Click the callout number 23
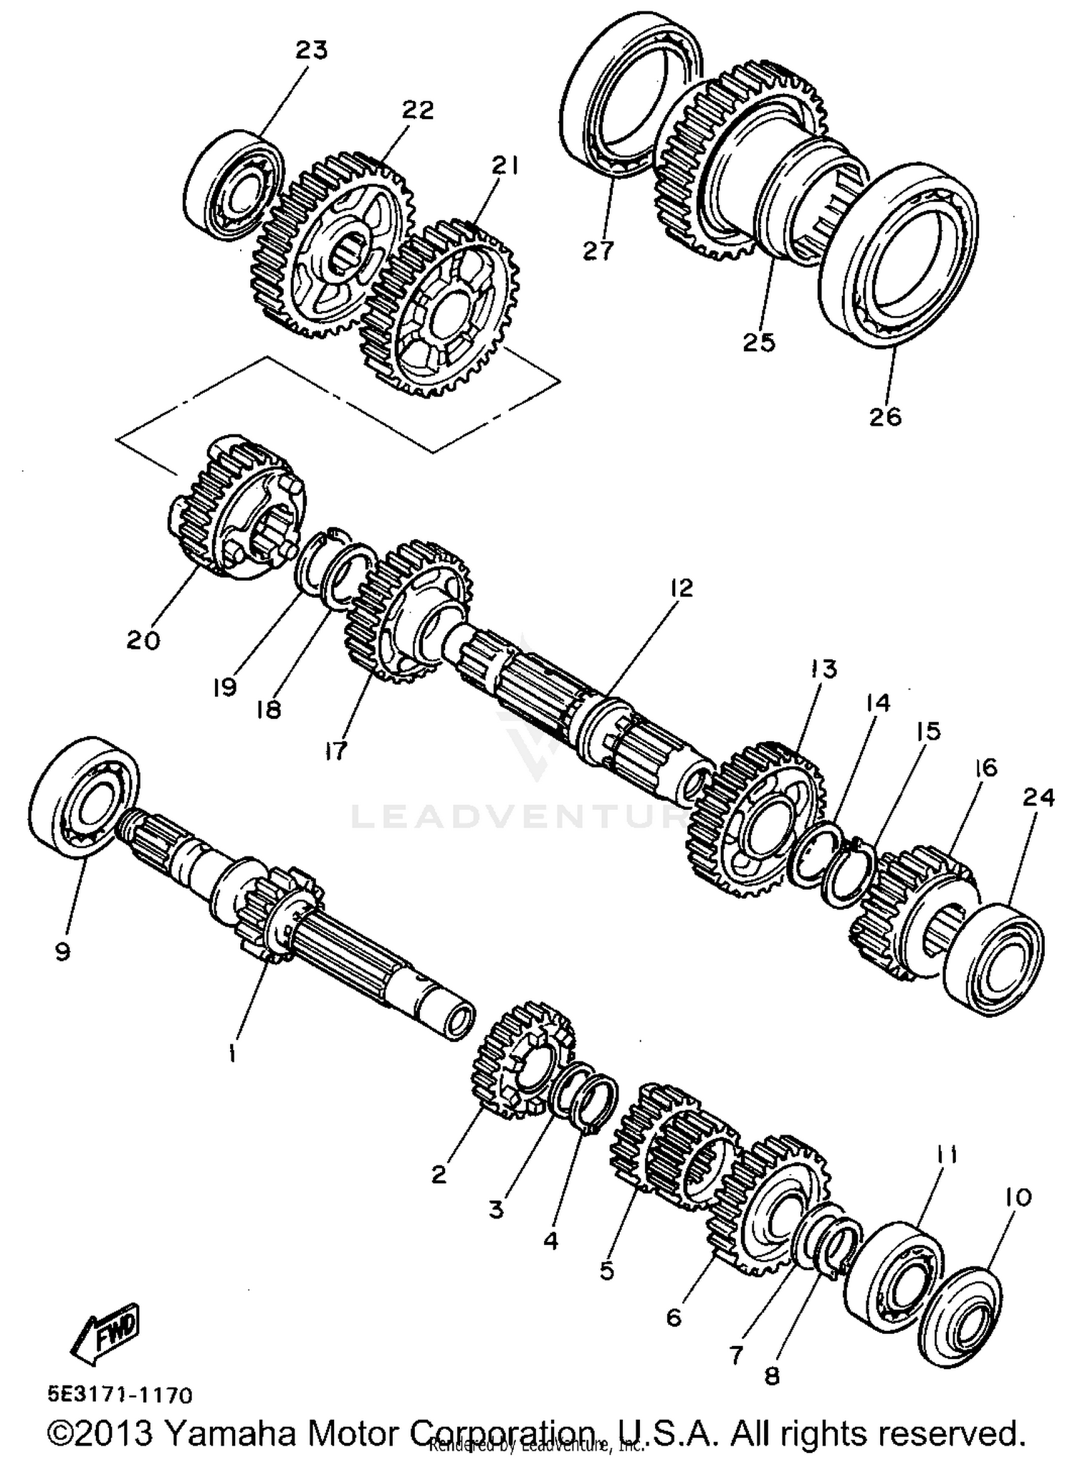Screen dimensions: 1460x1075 tap(311, 51)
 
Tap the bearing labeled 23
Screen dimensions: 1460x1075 tap(233, 185)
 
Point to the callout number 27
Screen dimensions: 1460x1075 tap(598, 250)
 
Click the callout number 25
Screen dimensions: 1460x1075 tap(758, 342)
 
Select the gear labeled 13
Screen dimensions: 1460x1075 tap(760, 817)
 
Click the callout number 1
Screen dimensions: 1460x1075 tap(231, 1054)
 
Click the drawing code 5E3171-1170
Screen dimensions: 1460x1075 tap(120, 1395)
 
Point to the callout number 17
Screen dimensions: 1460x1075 tap(335, 750)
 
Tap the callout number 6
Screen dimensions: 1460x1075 tap(674, 1317)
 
